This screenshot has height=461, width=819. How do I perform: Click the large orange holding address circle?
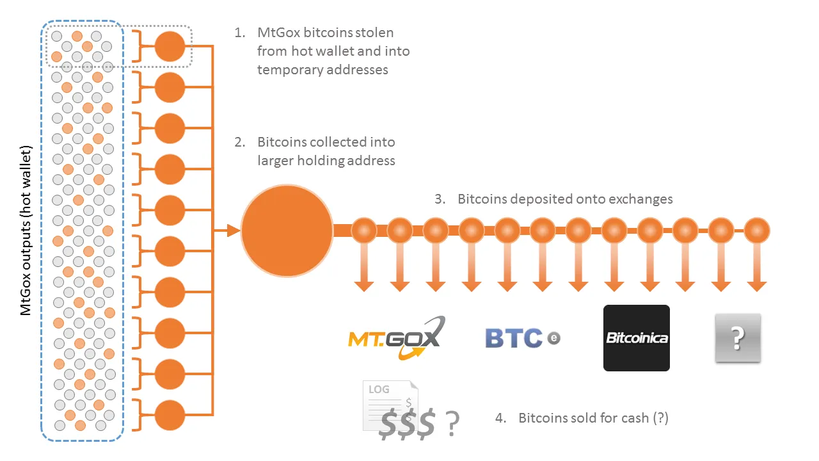(x=287, y=231)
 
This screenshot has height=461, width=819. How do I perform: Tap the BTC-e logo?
(x=523, y=337)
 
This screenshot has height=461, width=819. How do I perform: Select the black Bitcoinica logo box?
(x=637, y=338)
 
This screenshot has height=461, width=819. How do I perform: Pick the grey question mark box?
(x=738, y=338)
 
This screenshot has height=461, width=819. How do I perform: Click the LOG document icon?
(x=390, y=405)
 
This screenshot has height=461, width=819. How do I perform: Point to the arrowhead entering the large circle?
(x=234, y=230)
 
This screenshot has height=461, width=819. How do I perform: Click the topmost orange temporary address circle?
(x=170, y=47)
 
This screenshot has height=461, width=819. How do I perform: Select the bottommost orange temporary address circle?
(x=170, y=416)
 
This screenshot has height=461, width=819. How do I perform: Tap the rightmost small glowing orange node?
(x=757, y=230)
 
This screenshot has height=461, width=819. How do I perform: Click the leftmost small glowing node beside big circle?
(x=364, y=230)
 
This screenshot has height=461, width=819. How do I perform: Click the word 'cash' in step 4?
(x=635, y=418)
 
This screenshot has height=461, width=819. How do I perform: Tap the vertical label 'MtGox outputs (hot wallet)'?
(x=26, y=230)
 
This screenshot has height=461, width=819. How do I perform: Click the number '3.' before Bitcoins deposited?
(x=440, y=199)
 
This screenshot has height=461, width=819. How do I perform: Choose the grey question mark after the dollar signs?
(x=452, y=424)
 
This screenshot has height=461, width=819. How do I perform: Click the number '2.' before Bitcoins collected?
(x=240, y=142)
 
